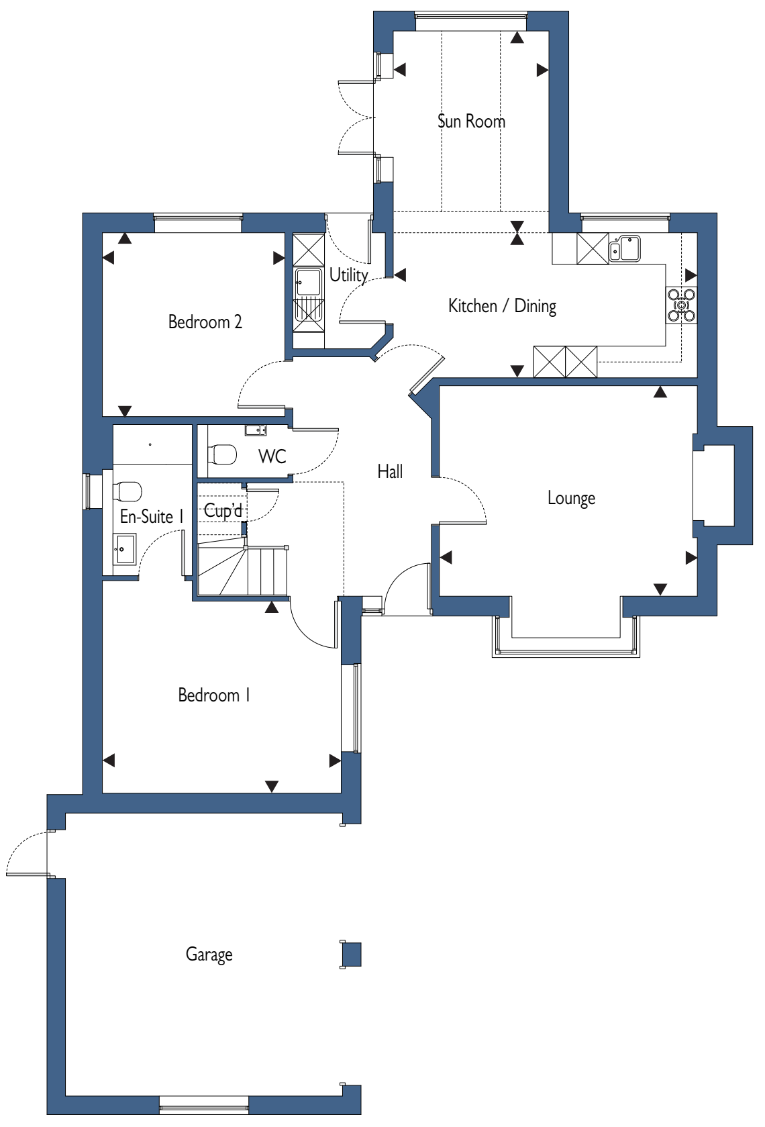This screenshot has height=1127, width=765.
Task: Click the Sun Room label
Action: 471,121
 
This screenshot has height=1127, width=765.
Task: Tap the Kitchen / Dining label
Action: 502,306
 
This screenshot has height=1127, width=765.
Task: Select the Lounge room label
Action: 571,498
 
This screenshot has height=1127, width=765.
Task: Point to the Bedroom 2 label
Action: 205,322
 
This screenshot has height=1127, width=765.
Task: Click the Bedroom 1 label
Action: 214,695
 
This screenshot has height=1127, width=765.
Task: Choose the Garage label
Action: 209,954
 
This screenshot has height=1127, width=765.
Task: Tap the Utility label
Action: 348,275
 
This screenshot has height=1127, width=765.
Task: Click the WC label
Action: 272,456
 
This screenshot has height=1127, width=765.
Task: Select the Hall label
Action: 391,471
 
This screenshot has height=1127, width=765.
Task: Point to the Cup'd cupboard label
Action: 223,511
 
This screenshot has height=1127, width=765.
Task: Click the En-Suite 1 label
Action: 152,517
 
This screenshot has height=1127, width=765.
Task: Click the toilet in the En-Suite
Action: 127,491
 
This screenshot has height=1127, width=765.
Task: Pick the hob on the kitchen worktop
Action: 682,305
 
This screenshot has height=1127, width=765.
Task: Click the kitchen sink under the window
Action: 625,248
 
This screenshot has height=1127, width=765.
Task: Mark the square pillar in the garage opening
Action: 352,954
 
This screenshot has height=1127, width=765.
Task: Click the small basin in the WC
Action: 256,430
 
